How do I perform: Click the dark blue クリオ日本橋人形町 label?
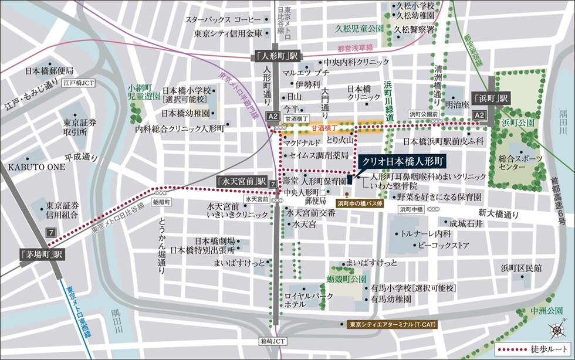(402, 160)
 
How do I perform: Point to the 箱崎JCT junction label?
(270, 340)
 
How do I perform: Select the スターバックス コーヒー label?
(223, 19)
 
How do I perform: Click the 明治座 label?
(457, 105)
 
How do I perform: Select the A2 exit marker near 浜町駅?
(479, 116)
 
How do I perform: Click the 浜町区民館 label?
(521, 268)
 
